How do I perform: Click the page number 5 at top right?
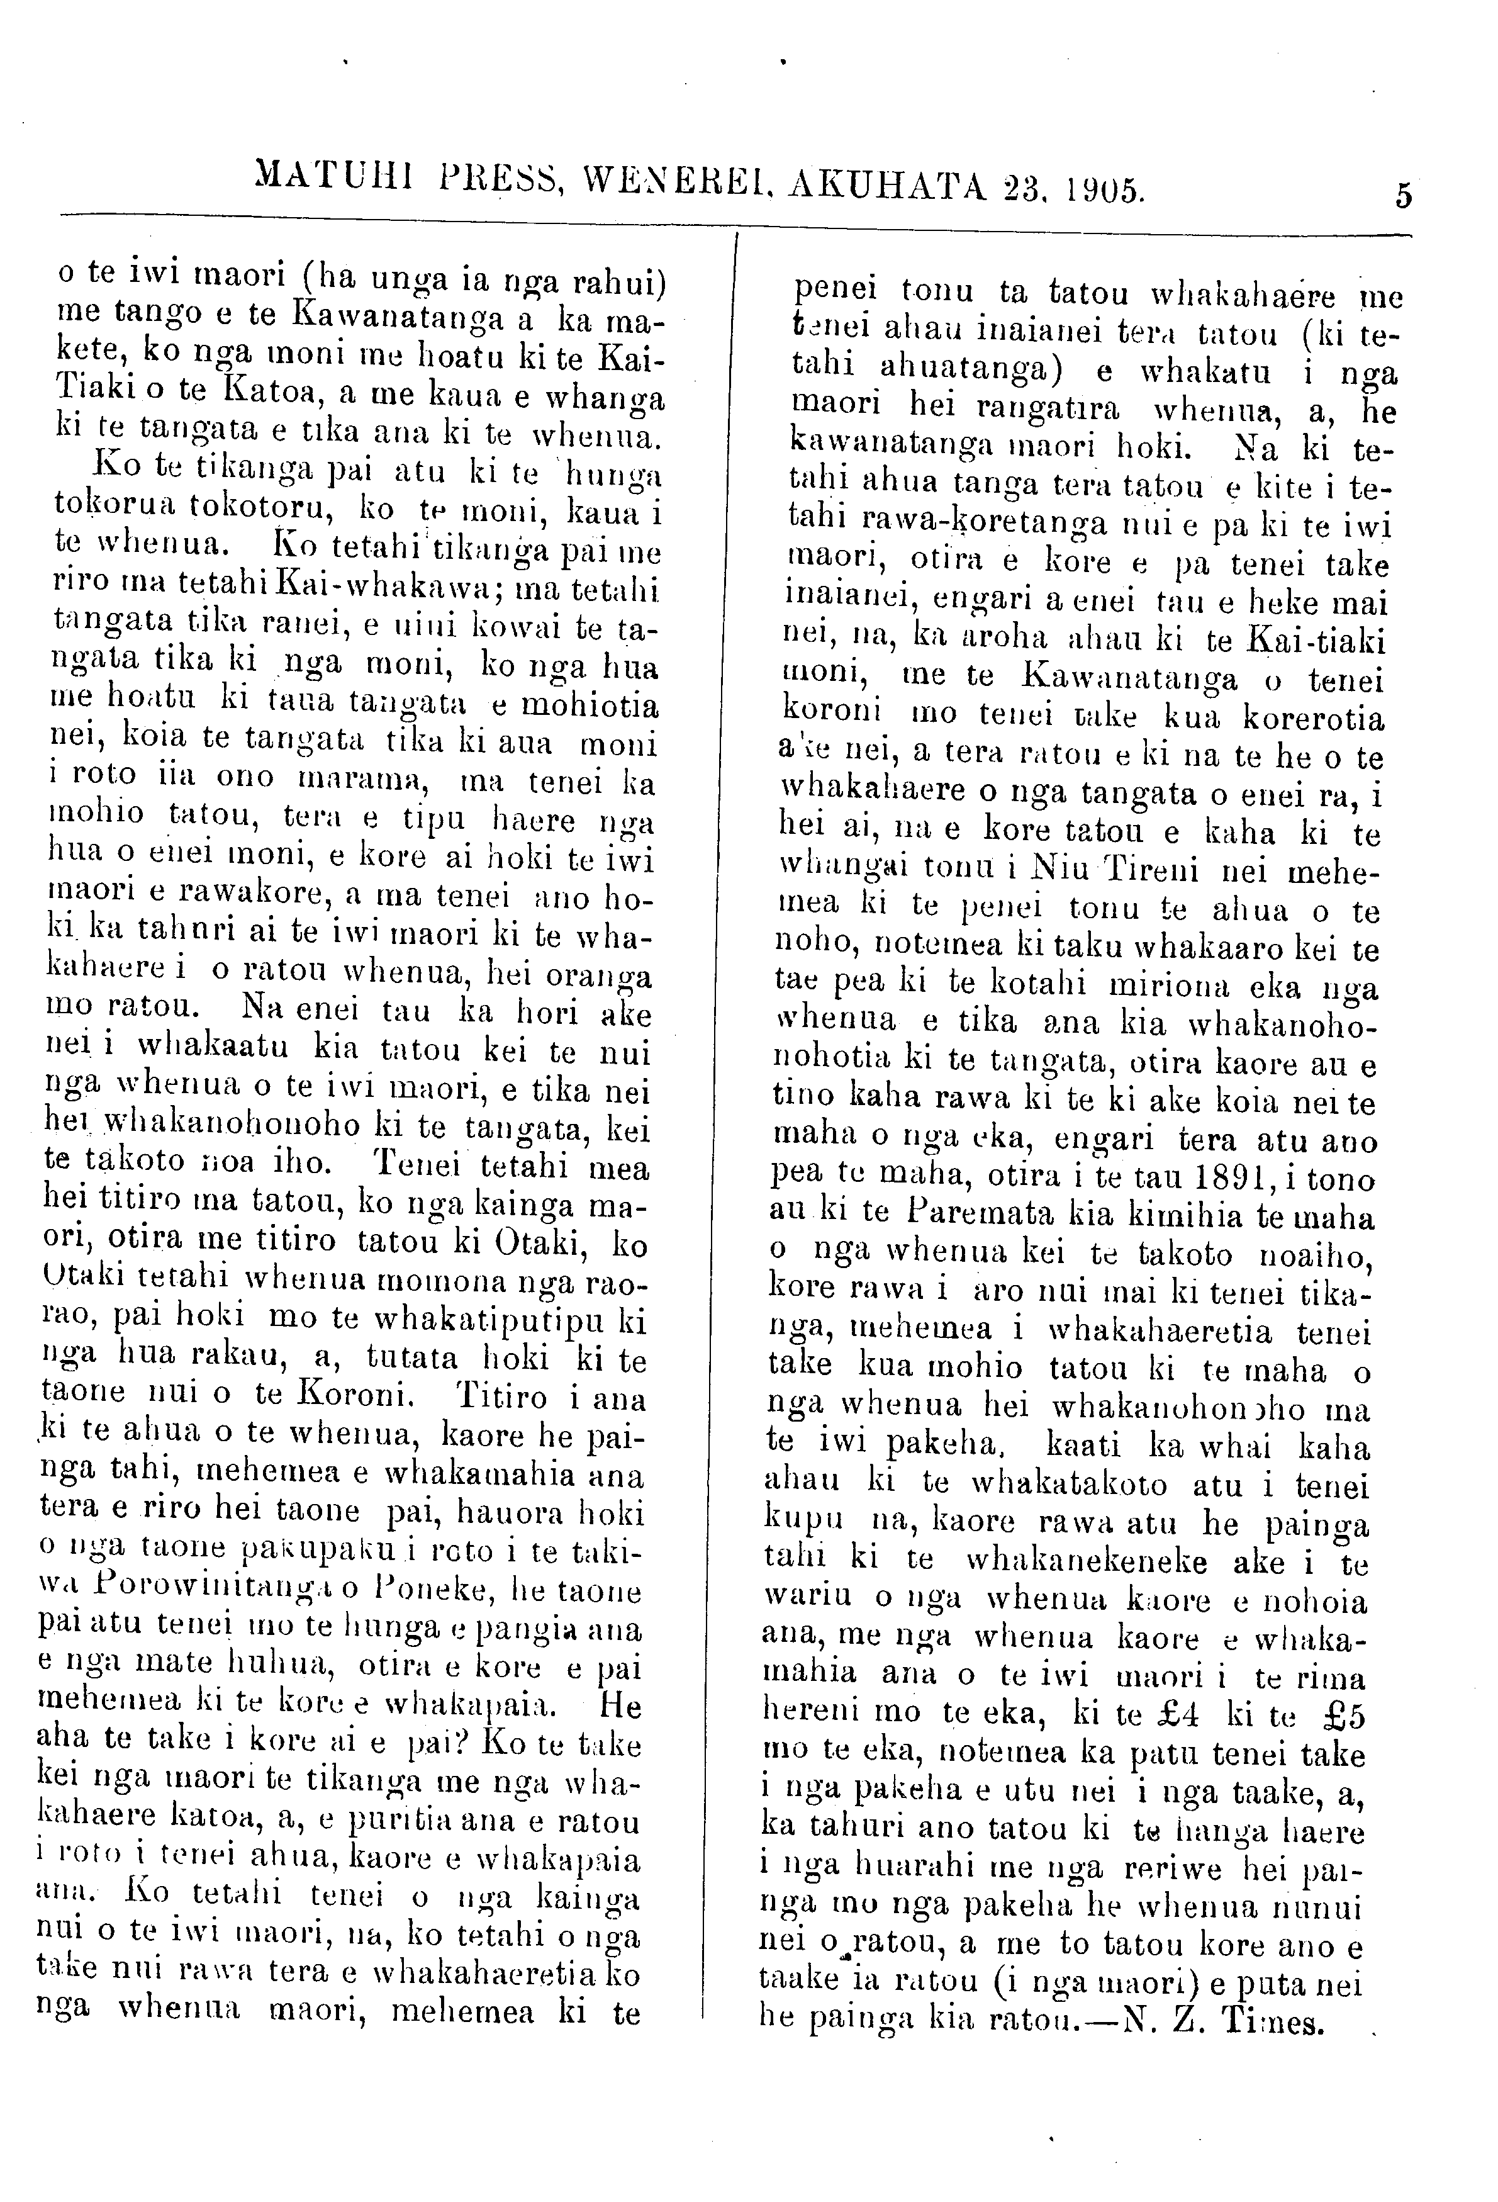(1403, 195)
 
